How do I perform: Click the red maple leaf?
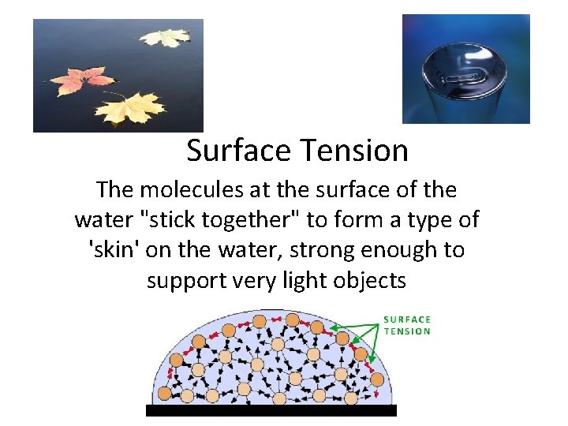(79, 80)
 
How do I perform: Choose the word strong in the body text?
(325, 249)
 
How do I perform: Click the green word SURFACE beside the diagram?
(407, 319)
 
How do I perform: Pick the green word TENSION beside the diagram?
(407, 331)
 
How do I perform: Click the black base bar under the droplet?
(271, 410)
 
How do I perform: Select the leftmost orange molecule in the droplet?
(163, 392)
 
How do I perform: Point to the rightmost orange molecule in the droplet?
(377, 379)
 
